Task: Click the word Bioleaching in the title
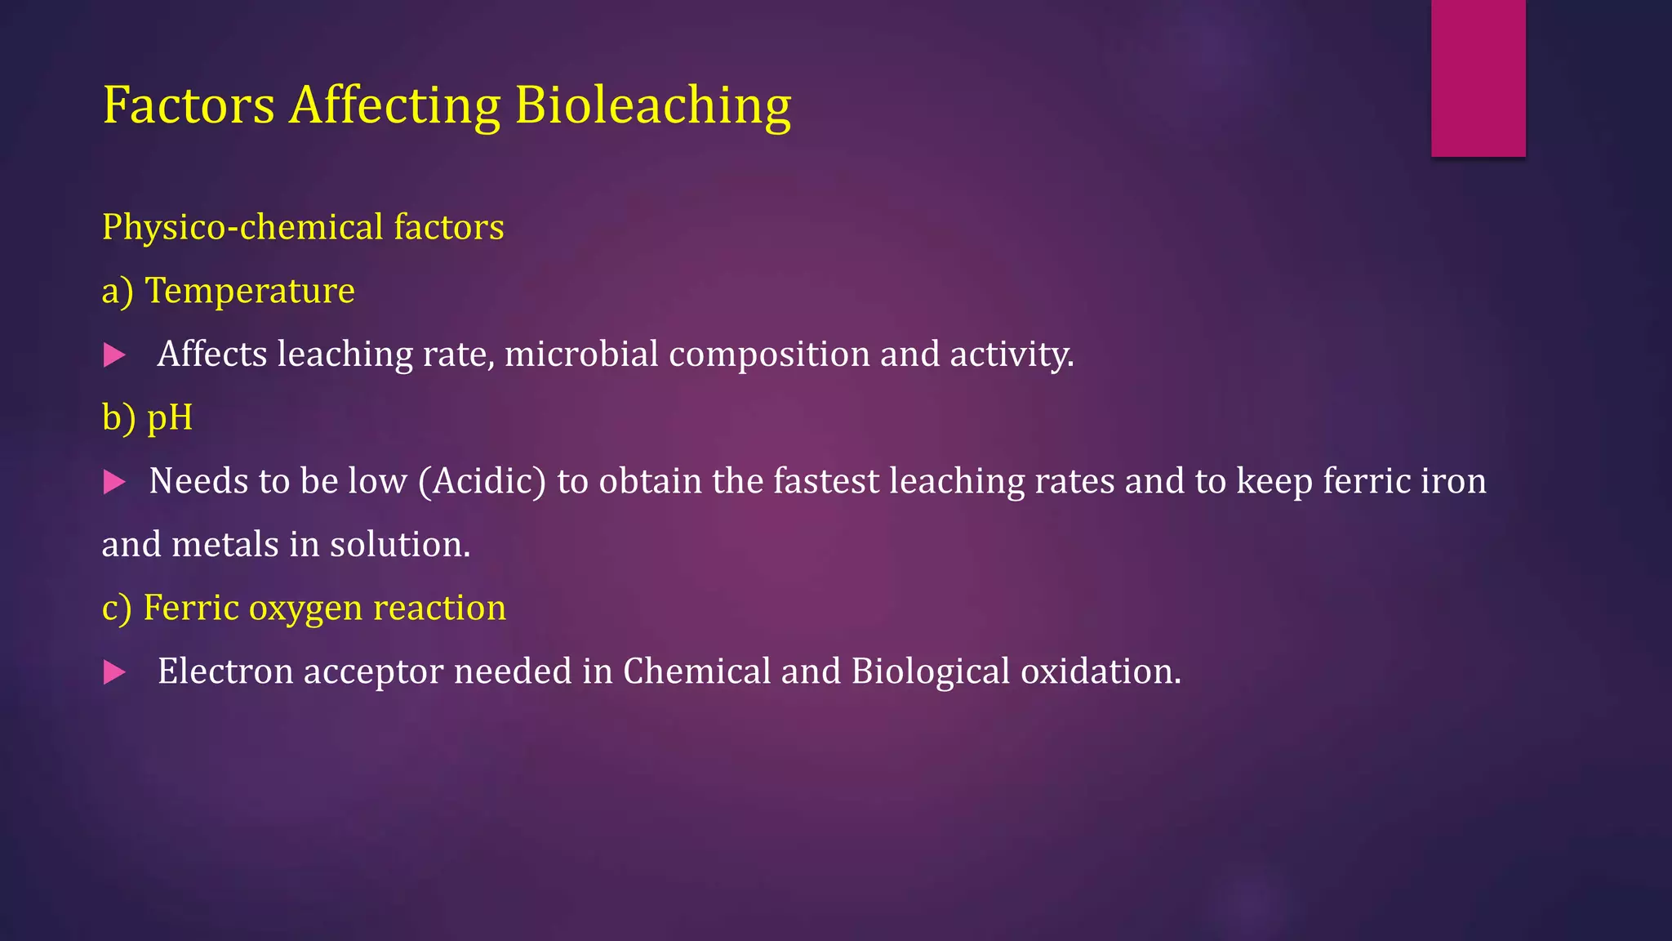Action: [x=652, y=106]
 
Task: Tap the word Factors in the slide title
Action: [x=189, y=106]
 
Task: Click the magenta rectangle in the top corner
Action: [x=1478, y=78]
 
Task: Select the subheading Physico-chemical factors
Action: [x=303, y=227]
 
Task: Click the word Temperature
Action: [x=250, y=291]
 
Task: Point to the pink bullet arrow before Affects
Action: [x=114, y=355]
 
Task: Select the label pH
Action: [x=170, y=418]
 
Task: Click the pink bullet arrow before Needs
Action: [x=114, y=482]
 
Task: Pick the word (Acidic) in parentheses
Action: [x=482, y=481]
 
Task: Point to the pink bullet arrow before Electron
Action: [x=114, y=673]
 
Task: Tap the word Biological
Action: [x=931, y=671]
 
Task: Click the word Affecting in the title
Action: [x=395, y=106]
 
